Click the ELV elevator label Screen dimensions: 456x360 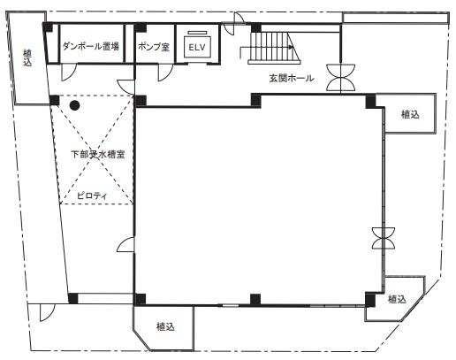[197, 47]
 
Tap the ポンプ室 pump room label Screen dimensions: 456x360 [154, 47]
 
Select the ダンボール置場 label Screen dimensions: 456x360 [91, 46]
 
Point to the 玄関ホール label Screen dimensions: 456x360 [292, 78]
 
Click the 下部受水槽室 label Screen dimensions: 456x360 [98, 154]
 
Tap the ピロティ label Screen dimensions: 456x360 [92, 195]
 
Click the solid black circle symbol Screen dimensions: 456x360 [74, 105]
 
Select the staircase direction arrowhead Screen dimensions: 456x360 [292, 47]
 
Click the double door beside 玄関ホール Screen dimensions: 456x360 [340, 77]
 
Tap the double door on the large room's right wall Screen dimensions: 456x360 [384, 238]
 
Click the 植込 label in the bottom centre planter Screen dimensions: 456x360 [165, 326]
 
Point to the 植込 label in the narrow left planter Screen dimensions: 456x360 [27, 57]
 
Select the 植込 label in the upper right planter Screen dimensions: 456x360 [410, 114]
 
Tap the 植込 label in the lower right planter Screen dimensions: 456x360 [397, 299]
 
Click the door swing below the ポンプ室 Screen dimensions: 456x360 [165, 73]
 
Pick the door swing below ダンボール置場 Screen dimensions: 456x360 [68, 73]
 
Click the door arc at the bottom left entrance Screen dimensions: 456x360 [47, 312]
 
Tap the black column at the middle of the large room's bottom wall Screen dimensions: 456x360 [255, 299]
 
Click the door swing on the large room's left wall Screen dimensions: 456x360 [126, 245]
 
